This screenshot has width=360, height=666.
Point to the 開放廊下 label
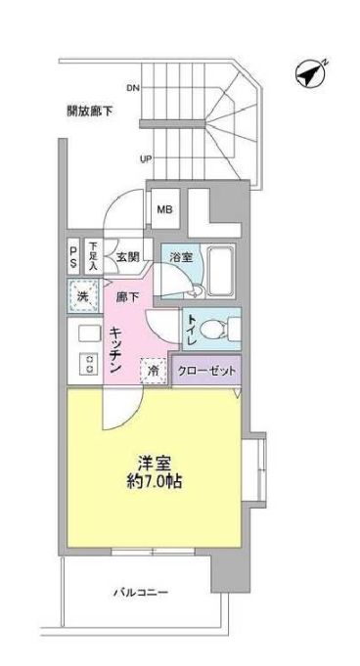[x=90, y=111]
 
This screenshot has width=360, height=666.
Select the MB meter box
[x=162, y=208]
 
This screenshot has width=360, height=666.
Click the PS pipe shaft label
[x=73, y=258]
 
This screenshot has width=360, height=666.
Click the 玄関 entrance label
[x=127, y=258]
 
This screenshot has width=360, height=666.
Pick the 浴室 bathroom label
[x=179, y=258]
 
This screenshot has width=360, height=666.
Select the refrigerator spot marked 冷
[x=154, y=372]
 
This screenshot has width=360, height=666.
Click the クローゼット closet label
[x=206, y=373]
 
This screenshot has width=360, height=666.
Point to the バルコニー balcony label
[x=141, y=594]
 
